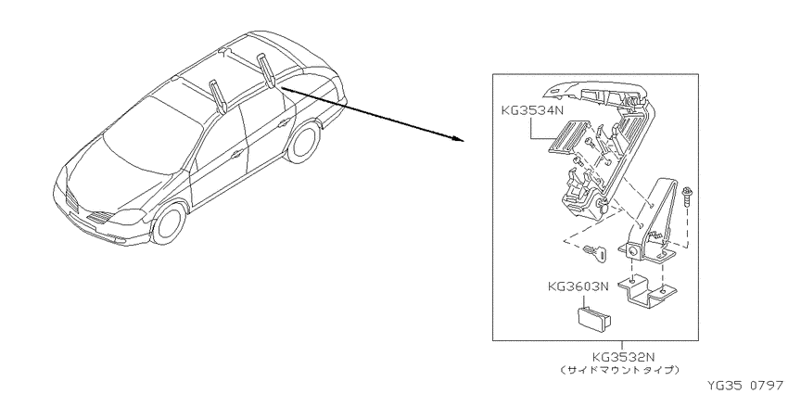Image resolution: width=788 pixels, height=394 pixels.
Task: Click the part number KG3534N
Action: click(x=533, y=111)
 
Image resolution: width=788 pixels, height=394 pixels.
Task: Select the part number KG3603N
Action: click(x=578, y=287)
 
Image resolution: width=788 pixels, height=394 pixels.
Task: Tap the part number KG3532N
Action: click(x=623, y=357)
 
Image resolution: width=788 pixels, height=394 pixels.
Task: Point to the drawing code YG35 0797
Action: click(x=745, y=386)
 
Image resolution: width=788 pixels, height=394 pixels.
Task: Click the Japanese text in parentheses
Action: click(x=619, y=371)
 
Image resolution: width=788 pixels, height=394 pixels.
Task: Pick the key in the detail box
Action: click(x=595, y=252)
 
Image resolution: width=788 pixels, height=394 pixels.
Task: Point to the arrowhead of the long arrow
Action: click(x=457, y=138)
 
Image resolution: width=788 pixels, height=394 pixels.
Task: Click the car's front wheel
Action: click(x=169, y=223)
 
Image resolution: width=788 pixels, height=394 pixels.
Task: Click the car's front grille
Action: click(x=72, y=201)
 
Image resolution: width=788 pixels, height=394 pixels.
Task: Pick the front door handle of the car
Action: click(x=235, y=155)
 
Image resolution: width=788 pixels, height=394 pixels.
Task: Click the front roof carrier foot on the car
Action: click(x=218, y=95)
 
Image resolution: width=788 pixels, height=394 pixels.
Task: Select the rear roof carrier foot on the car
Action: click(x=266, y=70)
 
